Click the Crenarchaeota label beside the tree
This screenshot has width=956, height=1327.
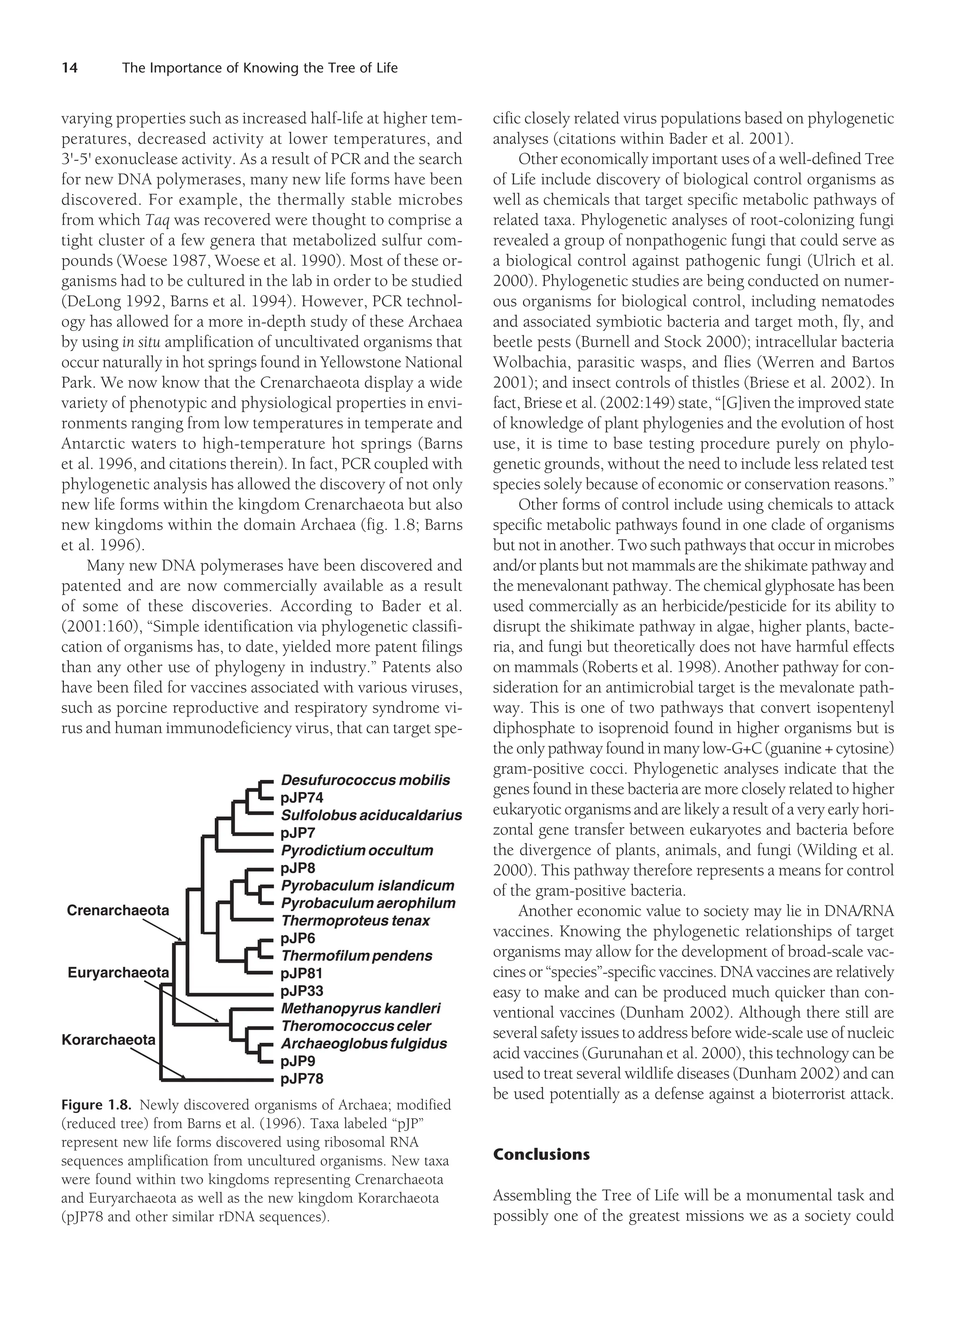point(118,910)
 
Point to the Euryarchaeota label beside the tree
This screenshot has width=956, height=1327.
point(118,972)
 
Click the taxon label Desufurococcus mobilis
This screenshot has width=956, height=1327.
point(365,780)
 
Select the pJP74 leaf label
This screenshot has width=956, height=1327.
point(302,798)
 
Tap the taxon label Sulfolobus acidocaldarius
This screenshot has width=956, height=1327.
point(371,815)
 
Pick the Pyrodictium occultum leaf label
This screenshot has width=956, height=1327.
point(357,850)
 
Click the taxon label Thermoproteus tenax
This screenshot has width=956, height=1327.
point(355,920)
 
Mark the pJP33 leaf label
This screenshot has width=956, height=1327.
point(302,991)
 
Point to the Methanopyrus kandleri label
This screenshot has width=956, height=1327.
point(360,1008)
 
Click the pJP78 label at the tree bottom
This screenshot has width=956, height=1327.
point(302,1078)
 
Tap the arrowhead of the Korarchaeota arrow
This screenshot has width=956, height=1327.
point(184,1076)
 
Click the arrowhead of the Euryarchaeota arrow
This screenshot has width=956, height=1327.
point(217,1021)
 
